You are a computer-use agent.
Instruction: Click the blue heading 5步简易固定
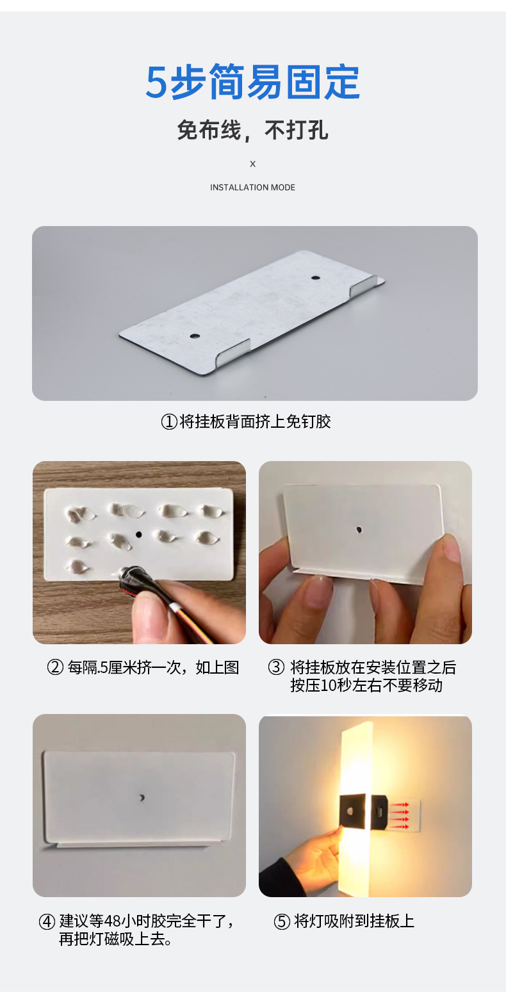[x=252, y=82]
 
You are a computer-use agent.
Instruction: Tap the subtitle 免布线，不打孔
[x=252, y=130]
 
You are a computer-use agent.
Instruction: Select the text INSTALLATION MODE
[x=252, y=187]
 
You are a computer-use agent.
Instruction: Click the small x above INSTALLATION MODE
[x=252, y=164]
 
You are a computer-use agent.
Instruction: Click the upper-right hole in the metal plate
[x=316, y=277]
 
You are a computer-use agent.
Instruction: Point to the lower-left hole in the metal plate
[x=195, y=336]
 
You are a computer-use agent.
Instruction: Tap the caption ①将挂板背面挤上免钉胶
[x=246, y=422]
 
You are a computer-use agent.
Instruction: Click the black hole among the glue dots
[x=138, y=535]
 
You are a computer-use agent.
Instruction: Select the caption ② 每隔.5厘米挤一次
[x=143, y=667]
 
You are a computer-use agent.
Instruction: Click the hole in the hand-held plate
[x=359, y=530]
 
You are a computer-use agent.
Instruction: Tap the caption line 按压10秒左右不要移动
[x=366, y=686]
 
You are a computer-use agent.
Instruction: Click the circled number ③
[x=276, y=667]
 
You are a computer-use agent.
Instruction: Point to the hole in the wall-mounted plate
[x=142, y=798]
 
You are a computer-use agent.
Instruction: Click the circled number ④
[x=47, y=922]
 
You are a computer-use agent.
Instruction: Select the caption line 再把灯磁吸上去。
[x=115, y=939]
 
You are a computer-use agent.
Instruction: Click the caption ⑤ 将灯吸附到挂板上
[x=344, y=921]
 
